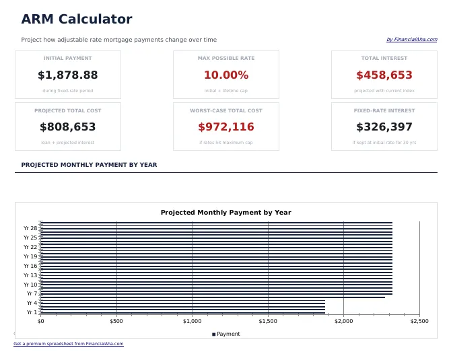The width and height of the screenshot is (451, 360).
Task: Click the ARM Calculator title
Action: pyautogui.click(x=77, y=20)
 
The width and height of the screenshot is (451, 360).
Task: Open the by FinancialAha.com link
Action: pyautogui.click(x=411, y=40)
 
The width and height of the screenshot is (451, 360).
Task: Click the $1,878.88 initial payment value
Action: pyautogui.click(x=68, y=75)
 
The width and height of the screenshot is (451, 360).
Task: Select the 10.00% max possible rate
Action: pyautogui.click(x=226, y=75)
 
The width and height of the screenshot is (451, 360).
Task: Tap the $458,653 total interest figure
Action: pyautogui.click(x=384, y=75)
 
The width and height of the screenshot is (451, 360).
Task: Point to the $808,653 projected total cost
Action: pyautogui.click(x=68, y=127)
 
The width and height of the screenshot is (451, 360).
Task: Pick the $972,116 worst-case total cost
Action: pyautogui.click(x=226, y=127)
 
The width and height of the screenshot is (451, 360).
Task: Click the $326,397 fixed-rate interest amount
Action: pyautogui.click(x=384, y=127)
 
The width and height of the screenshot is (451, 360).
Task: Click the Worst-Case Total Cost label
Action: pyautogui.click(x=226, y=110)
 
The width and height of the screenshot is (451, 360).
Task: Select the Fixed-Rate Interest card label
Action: pyautogui.click(x=384, y=110)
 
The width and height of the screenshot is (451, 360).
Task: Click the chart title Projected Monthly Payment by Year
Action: pyautogui.click(x=226, y=213)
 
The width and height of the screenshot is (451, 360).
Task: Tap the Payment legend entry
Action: pyautogui.click(x=226, y=334)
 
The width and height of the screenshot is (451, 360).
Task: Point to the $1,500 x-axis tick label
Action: pyautogui.click(x=268, y=321)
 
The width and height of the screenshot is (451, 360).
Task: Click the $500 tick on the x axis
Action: pyautogui.click(x=116, y=321)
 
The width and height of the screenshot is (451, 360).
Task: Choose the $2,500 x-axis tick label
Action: pyautogui.click(x=419, y=321)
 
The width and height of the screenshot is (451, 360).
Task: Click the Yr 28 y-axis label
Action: pyautogui.click(x=30, y=228)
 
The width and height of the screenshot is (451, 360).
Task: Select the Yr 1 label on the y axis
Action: pyautogui.click(x=32, y=312)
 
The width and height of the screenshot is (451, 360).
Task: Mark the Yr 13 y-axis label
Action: pyautogui.click(x=30, y=275)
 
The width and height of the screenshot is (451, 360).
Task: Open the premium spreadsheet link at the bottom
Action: pyautogui.click(x=69, y=344)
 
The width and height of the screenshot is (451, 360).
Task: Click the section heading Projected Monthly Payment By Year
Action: pyautogui.click(x=89, y=165)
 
